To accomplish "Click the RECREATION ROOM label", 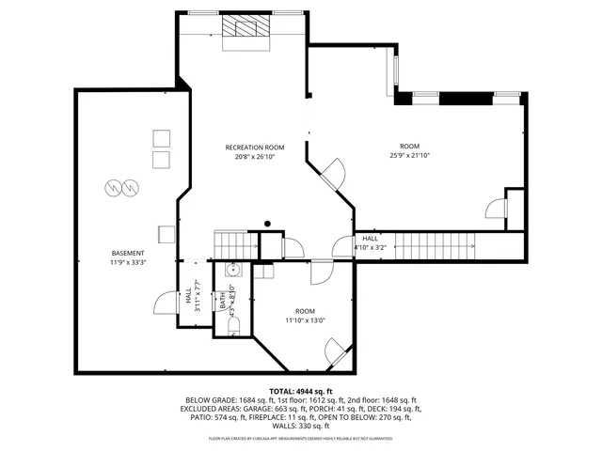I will click(254, 148).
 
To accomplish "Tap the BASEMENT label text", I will click(127, 254).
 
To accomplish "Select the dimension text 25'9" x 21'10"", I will click(409, 156).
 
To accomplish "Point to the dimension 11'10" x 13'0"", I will click(305, 320).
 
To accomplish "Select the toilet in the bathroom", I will click(234, 324).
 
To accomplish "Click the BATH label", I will click(224, 301).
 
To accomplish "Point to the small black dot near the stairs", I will click(267, 223).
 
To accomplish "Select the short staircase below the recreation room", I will click(234, 244).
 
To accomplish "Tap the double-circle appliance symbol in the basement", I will click(119, 187).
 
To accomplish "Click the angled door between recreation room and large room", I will click(333, 172).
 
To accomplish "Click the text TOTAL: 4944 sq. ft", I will click(301, 391).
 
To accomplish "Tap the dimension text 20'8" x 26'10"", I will click(254, 157).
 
